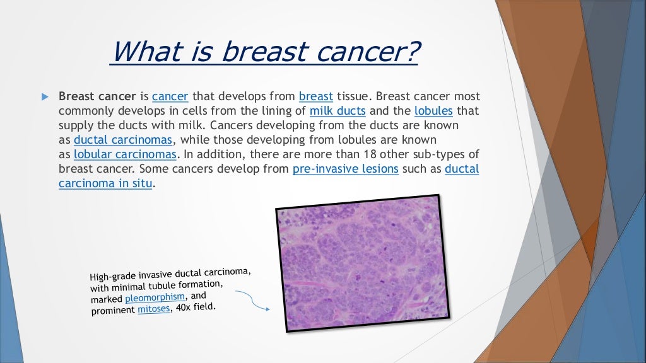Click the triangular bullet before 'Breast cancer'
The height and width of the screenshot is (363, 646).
click(x=44, y=97)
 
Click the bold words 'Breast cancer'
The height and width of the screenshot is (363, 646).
click(x=97, y=96)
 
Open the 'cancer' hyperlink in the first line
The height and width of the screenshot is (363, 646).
click(x=170, y=96)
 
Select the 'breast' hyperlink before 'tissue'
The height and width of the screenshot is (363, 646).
click(x=316, y=96)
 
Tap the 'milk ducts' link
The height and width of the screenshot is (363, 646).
click(x=338, y=111)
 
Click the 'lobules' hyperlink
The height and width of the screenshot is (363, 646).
click(x=433, y=111)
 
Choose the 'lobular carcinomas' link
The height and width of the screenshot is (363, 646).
click(x=126, y=154)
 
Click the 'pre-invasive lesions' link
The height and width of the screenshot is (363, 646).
click(x=345, y=169)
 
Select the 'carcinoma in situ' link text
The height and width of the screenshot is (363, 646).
click(x=105, y=183)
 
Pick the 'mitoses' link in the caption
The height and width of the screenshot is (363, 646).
click(x=154, y=309)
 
